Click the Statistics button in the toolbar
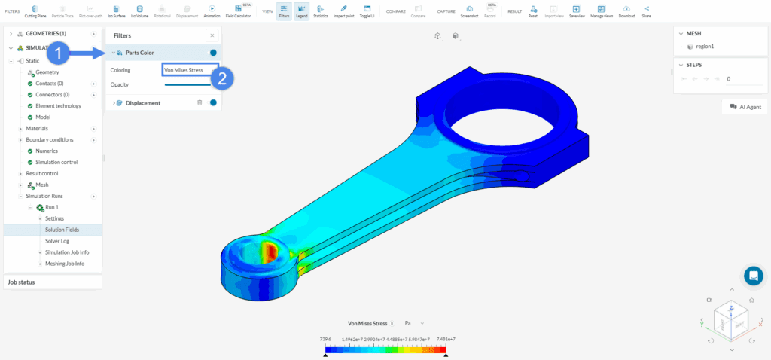coord(321,11)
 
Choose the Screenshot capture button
coord(469,11)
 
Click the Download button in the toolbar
coord(626,11)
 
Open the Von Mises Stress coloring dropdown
coord(190,70)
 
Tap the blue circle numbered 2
coord(221,79)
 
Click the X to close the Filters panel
coord(212,35)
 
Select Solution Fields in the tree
coord(62,230)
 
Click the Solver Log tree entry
coord(58,241)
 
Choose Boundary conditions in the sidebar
coord(50,139)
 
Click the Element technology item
coord(58,105)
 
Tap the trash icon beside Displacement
coord(200,102)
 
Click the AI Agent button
coord(744,108)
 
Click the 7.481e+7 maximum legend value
coord(445,340)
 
